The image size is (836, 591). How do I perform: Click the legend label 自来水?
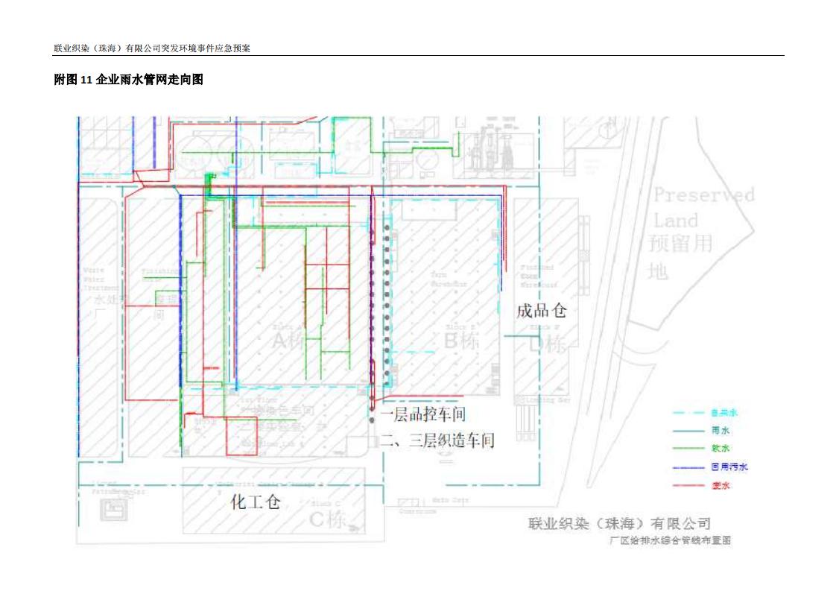[x=719, y=412]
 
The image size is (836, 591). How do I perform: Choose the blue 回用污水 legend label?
[x=729, y=467]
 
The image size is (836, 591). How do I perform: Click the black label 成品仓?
[x=542, y=310]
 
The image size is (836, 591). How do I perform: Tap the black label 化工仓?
[x=256, y=502]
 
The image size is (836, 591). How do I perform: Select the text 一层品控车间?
[x=423, y=415]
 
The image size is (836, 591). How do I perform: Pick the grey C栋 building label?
[x=328, y=519]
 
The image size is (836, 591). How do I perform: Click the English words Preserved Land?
[x=703, y=207]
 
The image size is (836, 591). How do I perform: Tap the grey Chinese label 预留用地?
[x=680, y=257]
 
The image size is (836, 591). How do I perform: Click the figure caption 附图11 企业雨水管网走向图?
[x=128, y=80]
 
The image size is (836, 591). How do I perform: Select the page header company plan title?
[x=151, y=48]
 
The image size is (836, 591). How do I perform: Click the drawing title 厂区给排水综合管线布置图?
[x=670, y=540]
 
